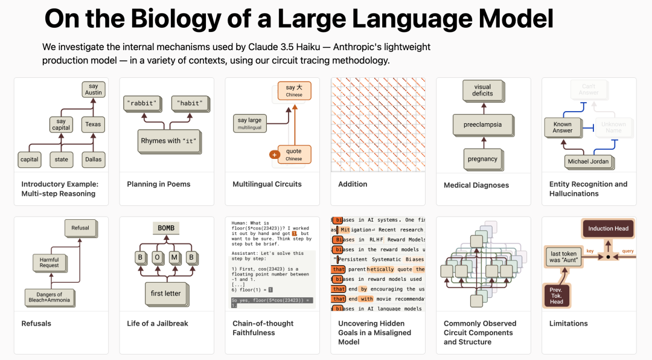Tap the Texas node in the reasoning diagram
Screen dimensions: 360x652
tap(93, 124)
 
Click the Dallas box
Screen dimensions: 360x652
tap(93, 159)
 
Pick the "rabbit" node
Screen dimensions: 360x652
tap(140, 103)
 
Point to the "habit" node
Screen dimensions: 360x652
tap(189, 103)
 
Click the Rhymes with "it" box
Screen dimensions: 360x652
tap(169, 141)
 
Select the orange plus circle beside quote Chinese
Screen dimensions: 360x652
tap(275, 155)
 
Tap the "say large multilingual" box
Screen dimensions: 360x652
tap(250, 123)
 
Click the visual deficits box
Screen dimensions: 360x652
tap(482, 90)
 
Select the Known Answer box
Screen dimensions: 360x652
tap(562, 127)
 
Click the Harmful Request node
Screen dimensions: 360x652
tap(50, 262)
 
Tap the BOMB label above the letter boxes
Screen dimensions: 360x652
tap(165, 228)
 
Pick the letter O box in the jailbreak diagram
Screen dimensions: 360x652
tap(156, 257)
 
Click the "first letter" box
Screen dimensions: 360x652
tap(165, 294)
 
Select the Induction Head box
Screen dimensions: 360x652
tap(608, 228)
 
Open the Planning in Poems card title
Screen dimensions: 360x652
tap(158, 184)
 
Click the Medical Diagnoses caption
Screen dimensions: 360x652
tap(476, 185)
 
